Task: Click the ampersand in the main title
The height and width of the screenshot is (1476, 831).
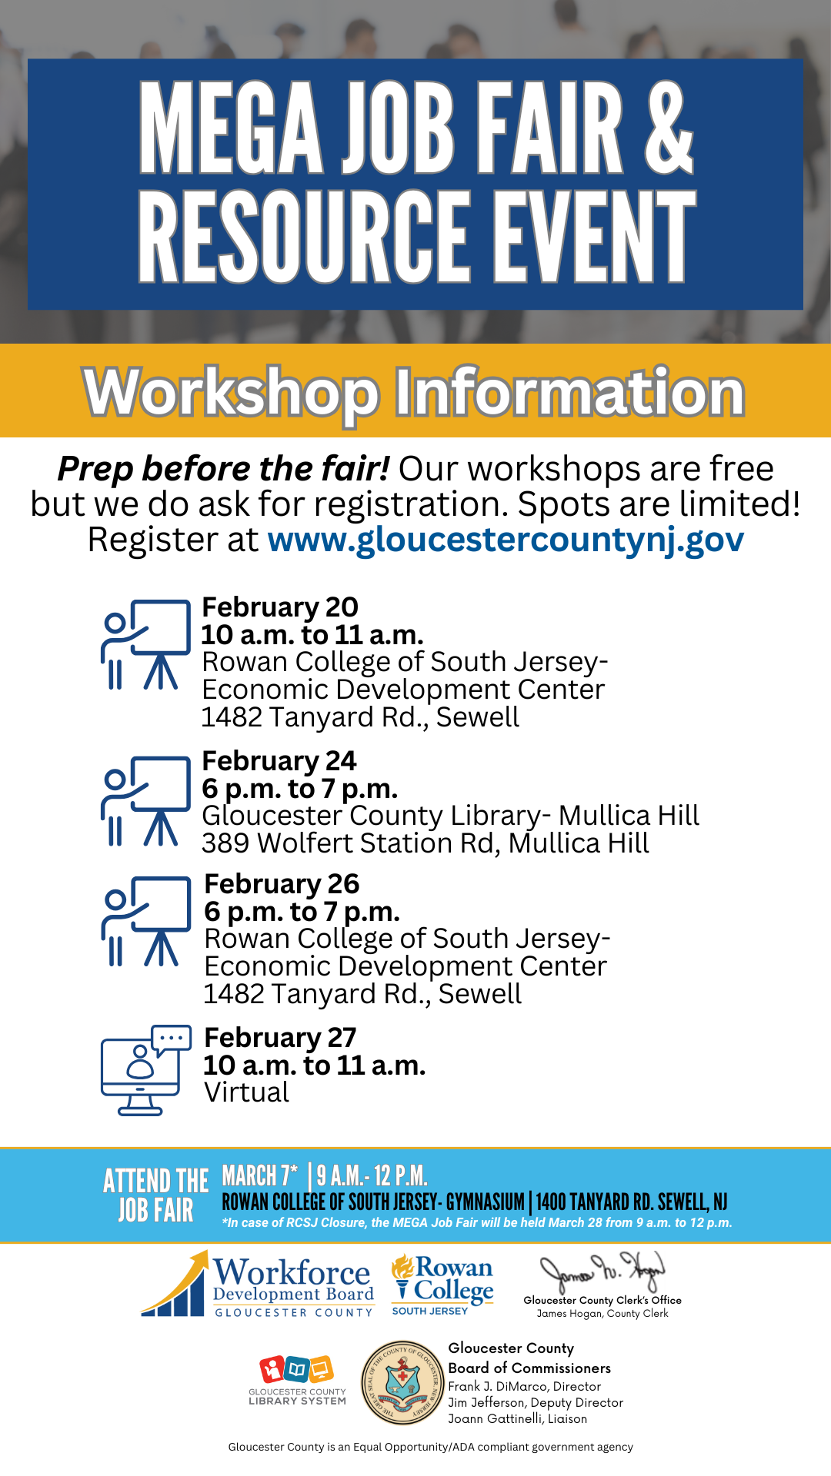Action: pyautogui.click(x=667, y=127)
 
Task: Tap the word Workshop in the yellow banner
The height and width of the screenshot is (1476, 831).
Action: pyautogui.click(x=232, y=392)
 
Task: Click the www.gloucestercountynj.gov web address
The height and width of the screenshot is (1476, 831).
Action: pyautogui.click(x=506, y=540)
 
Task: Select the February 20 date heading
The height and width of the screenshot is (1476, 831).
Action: pyautogui.click(x=280, y=607)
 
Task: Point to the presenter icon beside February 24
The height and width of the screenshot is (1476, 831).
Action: pyautogui.click(x=145, y=802)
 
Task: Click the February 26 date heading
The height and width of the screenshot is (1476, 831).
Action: pyautogui.click(x=282, y=884)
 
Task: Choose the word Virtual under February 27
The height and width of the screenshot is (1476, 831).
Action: pyautogui.click(x=246, y=1092)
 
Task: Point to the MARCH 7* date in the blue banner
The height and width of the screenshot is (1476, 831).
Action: pyautogui.click(x=259, y=1176)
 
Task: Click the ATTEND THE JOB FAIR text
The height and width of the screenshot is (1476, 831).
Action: pyautogui.click(x=156, y=1195)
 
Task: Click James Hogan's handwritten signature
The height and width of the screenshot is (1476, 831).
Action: pyautogui.click(x=602, y=1272)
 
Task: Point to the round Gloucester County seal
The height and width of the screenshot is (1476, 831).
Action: pyautogui.click(x=401, y=1381)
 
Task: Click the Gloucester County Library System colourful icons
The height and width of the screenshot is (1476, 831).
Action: pyautogui.click(x=296, y=1369)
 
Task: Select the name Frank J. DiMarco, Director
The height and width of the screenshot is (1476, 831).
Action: pyautogui.click(x=524, y=1386)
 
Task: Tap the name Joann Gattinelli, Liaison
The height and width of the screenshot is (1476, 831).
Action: pyautogui.click(x=517, y=1418)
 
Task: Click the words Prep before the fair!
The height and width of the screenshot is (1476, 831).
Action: pyautogui.click(x=223, y=469)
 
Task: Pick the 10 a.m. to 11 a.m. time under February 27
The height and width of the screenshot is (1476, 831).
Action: pyautogui.click(x=314, y=1065)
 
